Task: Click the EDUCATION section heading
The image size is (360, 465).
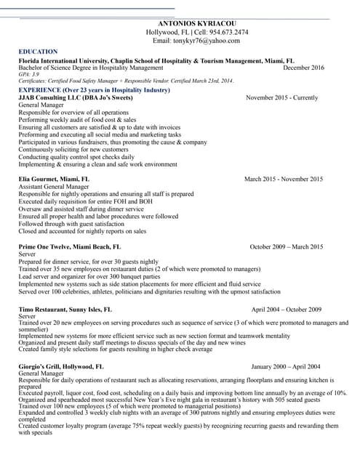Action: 38,52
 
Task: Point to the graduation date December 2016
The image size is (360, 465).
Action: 303,68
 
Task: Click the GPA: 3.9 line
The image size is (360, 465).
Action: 29,74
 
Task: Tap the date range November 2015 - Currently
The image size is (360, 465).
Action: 282,97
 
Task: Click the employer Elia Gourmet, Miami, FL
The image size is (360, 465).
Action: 54,178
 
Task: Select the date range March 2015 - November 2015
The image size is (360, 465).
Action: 284,179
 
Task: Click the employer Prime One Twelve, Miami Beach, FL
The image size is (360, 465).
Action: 65,247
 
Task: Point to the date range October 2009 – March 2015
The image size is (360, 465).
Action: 287,247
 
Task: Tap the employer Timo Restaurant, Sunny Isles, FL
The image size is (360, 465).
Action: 65,310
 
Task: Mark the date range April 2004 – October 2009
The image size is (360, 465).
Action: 286,310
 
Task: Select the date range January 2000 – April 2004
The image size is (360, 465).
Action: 286,367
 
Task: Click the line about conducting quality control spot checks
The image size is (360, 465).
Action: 76,157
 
